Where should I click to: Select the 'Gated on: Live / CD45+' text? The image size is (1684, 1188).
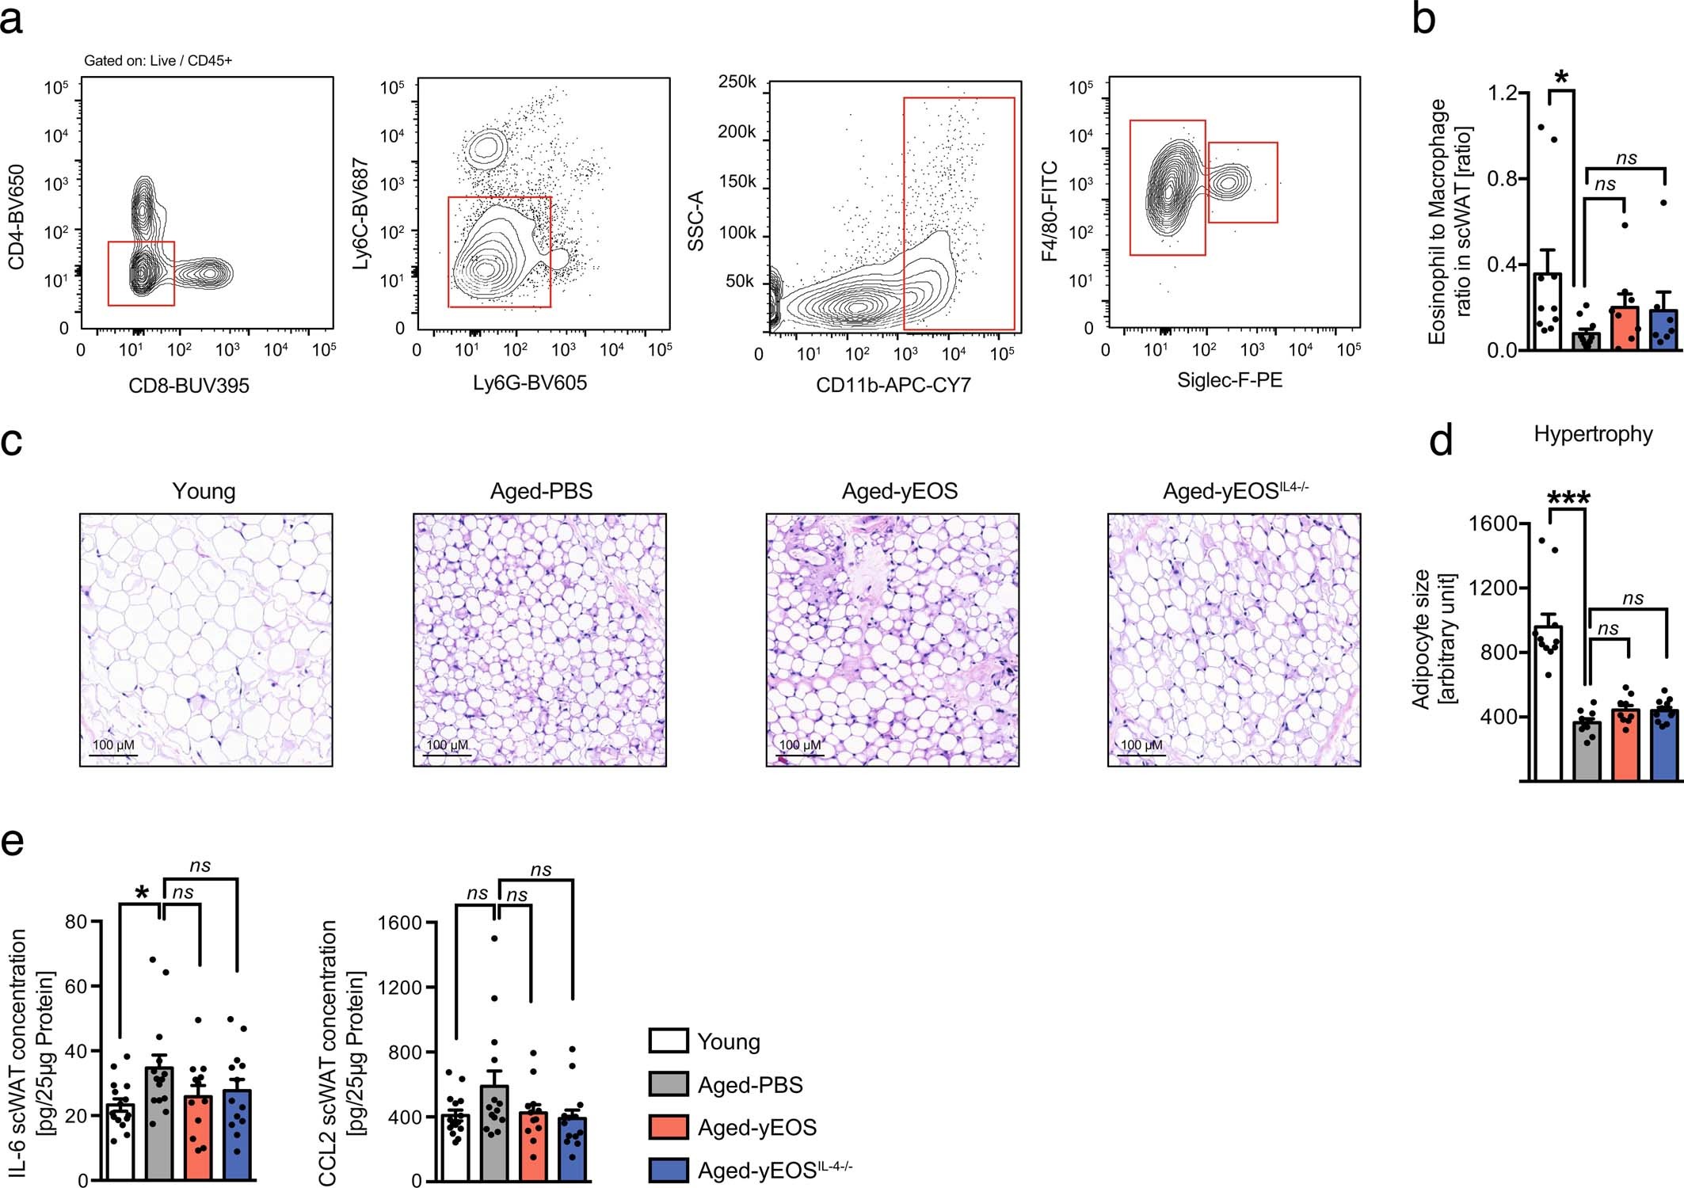[x=158, y=61]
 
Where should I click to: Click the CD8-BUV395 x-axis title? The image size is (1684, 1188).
[x=189, y=386]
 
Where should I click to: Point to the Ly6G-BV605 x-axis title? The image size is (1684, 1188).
[x=529, y=383]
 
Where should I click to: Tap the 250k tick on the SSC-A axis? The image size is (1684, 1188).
[x=736, y=82]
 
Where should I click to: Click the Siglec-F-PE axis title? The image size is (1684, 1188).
[x=1229, y=380]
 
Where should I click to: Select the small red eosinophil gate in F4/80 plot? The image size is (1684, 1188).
[x=1242, y=182]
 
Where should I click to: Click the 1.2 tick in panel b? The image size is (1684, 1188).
[x=1502, y=93]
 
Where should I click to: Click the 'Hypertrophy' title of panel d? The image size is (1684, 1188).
[x=1593, y=434]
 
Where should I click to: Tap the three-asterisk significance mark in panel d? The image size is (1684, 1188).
[x=1568, y=498]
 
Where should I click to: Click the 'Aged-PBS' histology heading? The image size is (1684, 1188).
[x=541, y=491]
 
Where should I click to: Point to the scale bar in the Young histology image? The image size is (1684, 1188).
[x=113, y=756]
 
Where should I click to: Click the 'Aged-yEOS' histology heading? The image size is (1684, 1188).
[x=899, y=491]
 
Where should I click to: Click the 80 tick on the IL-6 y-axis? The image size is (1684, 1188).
[x=76, y=922]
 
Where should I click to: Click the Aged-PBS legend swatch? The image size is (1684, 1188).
[x=668, y=1084]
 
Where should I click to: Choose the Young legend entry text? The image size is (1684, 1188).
[x=728, y=1041]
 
